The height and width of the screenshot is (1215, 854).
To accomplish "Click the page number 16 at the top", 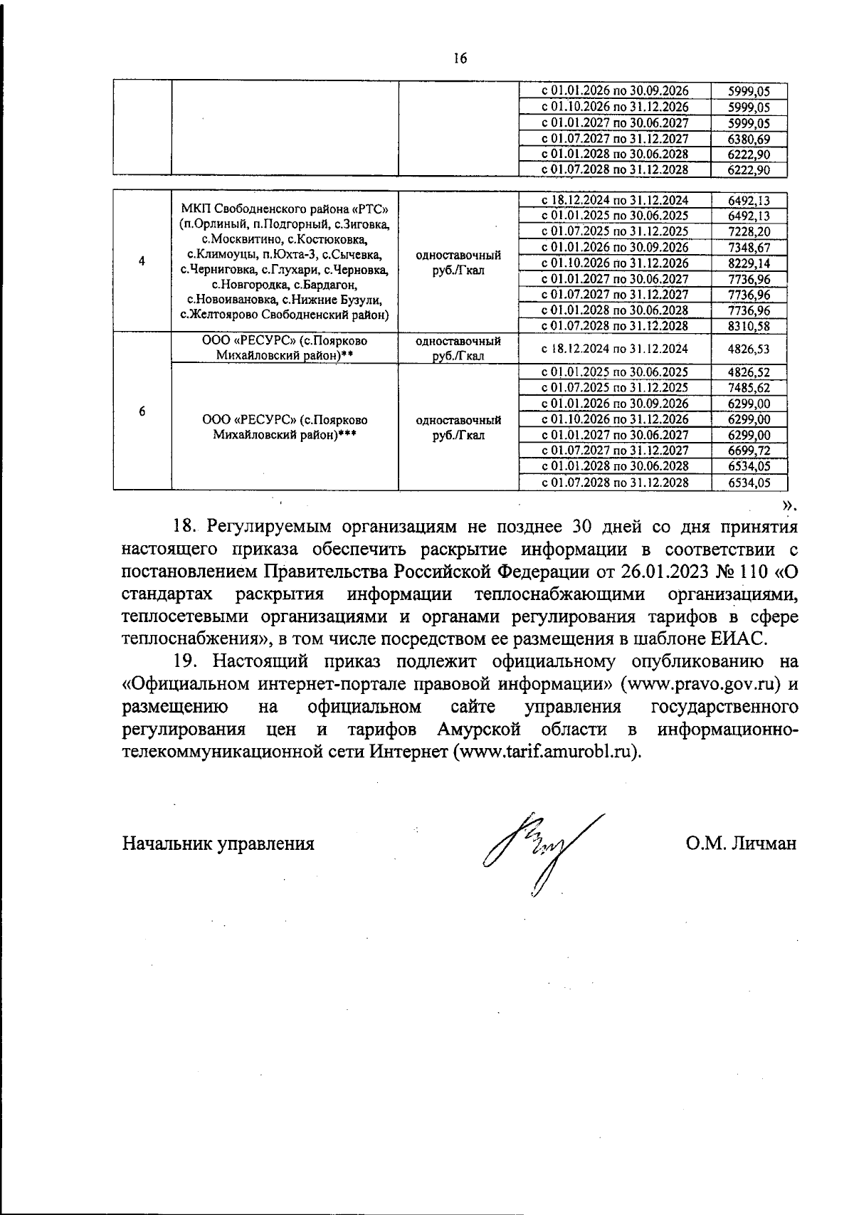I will pos(459,59).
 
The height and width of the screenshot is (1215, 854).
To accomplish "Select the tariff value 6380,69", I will pos(749,139).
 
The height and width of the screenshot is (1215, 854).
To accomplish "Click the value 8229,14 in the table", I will pos(749,263).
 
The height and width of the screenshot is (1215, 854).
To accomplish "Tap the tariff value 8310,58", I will pos(749,325).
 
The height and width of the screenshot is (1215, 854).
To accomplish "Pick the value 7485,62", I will pos(749,387).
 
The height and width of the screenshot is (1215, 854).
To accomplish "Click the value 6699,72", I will pos(749,450).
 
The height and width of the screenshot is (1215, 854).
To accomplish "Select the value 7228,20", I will pos(749,231).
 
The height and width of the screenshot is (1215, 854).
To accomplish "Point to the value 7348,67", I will pos(749,247).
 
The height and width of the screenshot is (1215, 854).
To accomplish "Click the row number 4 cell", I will pos(142,261).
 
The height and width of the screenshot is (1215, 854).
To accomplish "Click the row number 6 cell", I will pos(142,411).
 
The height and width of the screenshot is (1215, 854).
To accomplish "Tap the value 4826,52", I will pos(749,372).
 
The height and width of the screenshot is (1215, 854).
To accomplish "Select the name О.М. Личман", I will pos(741,843).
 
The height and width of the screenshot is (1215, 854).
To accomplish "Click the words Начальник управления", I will pos(218,843).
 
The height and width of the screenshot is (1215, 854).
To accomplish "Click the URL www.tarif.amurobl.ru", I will pos(546,752).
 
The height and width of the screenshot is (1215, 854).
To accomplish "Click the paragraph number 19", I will pos(184,661).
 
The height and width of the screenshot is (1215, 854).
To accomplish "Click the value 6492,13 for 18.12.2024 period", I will pos(749,200).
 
